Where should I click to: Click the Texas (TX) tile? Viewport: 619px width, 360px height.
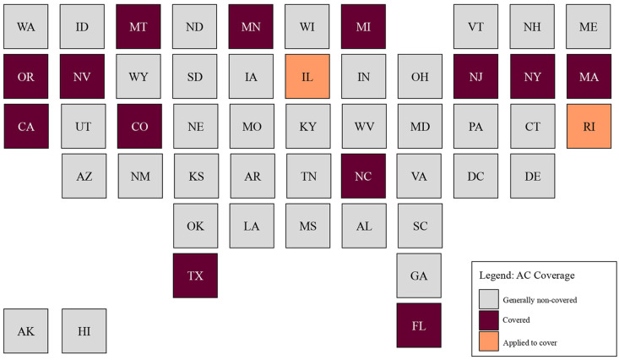click(x=195, y=275)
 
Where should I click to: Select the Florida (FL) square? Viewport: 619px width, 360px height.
click(x=420, y=325)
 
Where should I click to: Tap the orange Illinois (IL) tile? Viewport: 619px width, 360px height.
click(x=307, y=77)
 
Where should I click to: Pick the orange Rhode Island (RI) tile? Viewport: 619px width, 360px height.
click(x=589, y=127)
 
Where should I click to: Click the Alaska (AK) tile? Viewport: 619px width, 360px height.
click(x=26, y=330)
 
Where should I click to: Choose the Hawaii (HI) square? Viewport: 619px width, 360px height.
click(x=84, y=330)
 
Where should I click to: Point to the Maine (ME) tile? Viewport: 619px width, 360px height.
click(x=589, y=27)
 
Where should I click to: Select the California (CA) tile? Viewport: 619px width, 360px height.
click(x=26, y=127)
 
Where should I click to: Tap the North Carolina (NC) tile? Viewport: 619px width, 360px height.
click(x=364, y=176)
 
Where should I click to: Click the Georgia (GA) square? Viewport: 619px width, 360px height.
click(x=420, y=275)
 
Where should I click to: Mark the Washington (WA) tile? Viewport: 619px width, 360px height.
click(x=26, y=27)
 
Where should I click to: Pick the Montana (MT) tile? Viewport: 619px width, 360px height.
click(x=138, y=27)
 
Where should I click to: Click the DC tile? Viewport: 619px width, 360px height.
click(x=476, y=176)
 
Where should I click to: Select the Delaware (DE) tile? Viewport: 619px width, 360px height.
click(x=532, y=176)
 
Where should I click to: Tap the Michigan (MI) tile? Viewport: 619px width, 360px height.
click(x=364, y=27)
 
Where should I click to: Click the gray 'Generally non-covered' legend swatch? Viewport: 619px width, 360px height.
click(x=489, y=300)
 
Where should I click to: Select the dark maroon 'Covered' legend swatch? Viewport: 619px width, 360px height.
click(x=489, y=320)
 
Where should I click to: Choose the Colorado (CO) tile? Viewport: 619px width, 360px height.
click(x=138, y=127)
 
